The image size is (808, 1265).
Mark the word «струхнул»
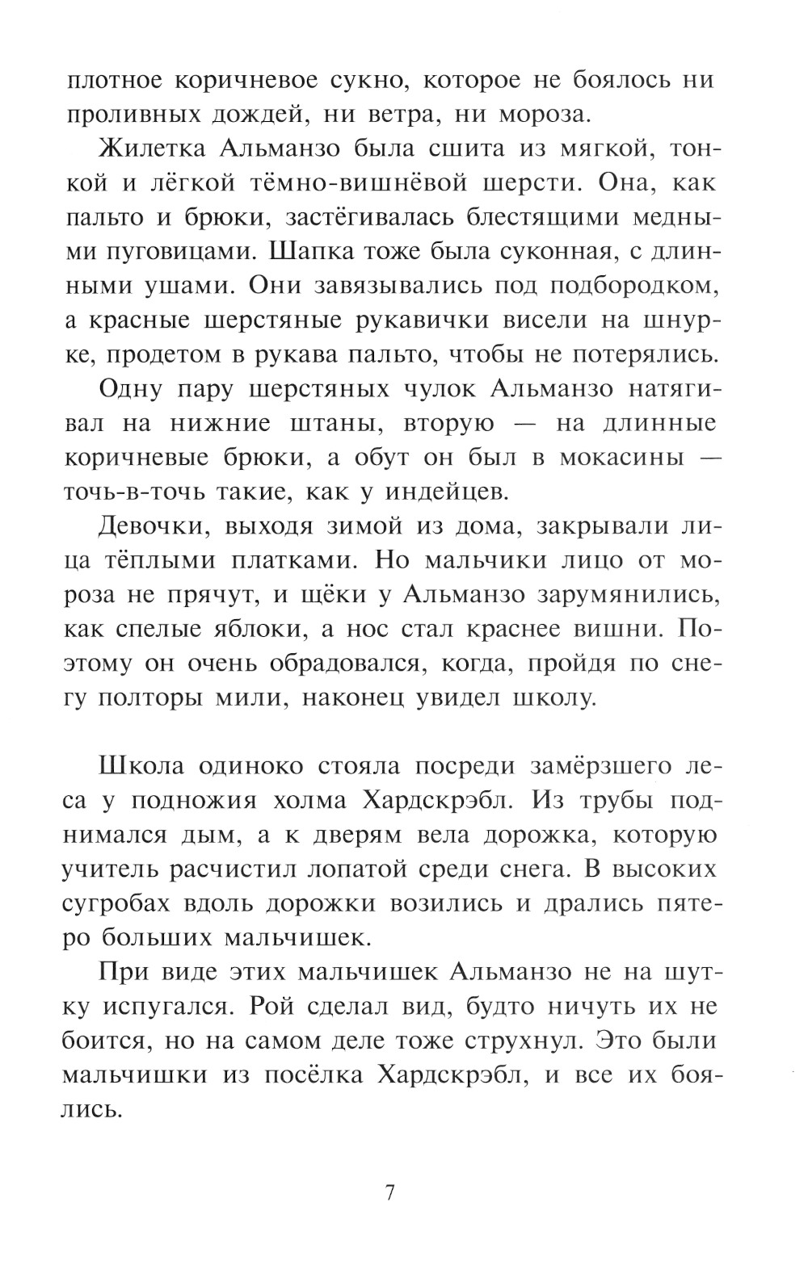click(x=520, y=1041)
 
